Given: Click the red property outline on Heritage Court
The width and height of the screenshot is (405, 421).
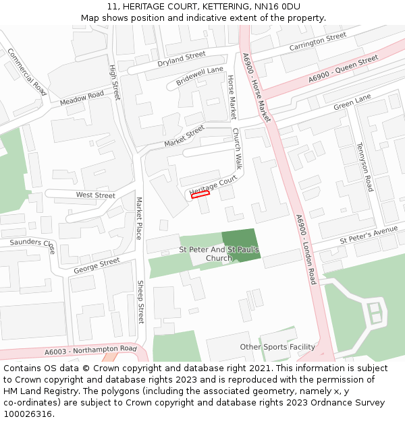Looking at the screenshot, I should click(200, 195).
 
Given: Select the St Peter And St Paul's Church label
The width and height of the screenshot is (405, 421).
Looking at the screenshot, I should click(219, 254).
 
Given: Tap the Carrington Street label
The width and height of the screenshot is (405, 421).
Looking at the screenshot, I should click(317, 42).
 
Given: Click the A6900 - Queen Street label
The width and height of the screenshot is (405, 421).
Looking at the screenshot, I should click(343, 70).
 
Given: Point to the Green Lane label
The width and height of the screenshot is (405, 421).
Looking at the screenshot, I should click(352, 102).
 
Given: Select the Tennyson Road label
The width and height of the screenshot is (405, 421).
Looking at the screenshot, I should click(365, 166).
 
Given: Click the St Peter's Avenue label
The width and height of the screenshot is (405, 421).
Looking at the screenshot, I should click(369, 235).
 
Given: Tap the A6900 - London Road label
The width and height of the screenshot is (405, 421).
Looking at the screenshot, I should click(305, 249).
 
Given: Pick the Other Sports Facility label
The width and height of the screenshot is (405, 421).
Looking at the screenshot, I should click(277, 347).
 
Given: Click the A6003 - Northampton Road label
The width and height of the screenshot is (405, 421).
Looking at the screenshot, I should click(90, 350).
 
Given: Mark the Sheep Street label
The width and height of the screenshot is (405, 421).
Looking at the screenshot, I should click(141, 302).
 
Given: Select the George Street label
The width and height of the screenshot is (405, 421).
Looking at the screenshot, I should click(97, 266).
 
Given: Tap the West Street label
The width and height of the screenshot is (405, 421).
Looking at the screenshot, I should click(95, 195).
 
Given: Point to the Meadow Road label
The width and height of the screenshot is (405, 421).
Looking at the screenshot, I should click(82, 98).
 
